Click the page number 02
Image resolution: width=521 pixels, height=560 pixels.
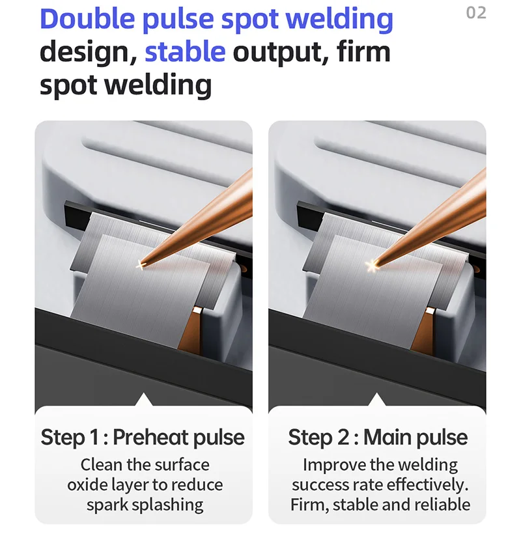pyautogui.click(x=476, y=13)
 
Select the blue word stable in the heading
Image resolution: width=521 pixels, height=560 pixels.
pyautogui.click(x=185, y=52)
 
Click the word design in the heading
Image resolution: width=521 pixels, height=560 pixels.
pyautogui.click(x=88, y=53)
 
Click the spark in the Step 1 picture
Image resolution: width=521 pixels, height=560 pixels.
pyautogui.click(x=140, y=265)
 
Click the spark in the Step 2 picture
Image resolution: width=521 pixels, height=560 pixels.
pyautogui.click(x=372, y=266)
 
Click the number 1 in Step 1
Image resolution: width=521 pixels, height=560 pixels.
pyautogui.click(x=94, y=437)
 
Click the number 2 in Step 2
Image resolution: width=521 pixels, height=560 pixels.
pyautogui.click(x=343, y=437)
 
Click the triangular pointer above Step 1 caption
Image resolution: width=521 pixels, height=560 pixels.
pyautogui.click(x=143, y=400)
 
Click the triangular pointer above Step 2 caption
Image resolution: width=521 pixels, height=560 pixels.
pyautogui.click(x=376, y=400)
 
